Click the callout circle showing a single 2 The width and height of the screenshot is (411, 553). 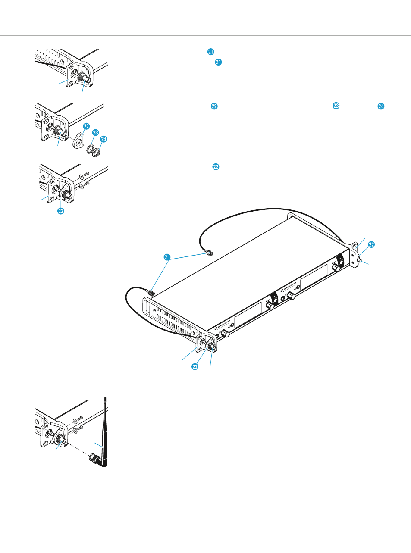tap(166, 257)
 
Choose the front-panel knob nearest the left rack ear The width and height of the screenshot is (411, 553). tap(224, 334)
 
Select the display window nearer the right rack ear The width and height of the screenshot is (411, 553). tap(312, 285)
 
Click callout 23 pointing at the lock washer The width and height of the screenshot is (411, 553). tap(96, 133)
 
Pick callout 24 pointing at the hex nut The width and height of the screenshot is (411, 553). tap(104, 139)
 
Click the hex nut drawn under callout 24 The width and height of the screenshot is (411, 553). tap(99, 151)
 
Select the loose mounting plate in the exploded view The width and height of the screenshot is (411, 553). tap(78, 141)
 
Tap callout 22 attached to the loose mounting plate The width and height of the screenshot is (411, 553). tap(86, 126)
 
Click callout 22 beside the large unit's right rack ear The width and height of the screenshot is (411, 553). tap(371, 244)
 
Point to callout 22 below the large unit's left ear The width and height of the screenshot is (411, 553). tap(195, 366)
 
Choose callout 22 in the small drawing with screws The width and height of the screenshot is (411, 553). tap(61, 211)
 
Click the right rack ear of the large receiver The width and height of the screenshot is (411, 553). tap(354, 254)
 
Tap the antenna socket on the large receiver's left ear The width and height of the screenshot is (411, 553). tap(212, 346)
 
